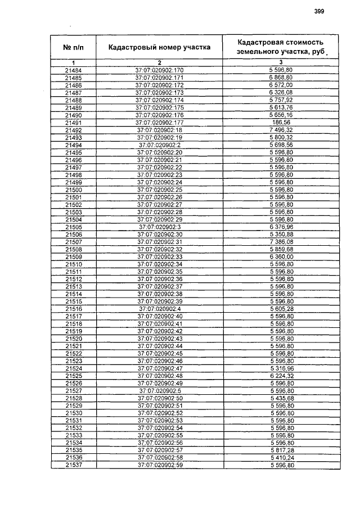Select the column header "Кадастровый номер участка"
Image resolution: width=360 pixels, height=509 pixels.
(159, 47)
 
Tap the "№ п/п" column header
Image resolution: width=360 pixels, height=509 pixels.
(74, 47)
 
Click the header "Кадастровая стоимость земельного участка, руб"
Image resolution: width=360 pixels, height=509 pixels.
(281, 47)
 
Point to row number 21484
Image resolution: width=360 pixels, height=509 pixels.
(74, 70)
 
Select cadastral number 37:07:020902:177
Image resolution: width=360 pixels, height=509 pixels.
(160, 122)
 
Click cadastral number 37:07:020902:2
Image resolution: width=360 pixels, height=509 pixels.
(160, 145)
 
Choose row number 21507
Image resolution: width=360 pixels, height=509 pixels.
(74, 242)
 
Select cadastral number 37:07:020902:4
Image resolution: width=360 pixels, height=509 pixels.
(160, 309)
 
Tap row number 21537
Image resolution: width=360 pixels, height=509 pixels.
(74, 466)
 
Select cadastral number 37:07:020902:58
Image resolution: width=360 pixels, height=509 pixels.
(160, 458)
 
